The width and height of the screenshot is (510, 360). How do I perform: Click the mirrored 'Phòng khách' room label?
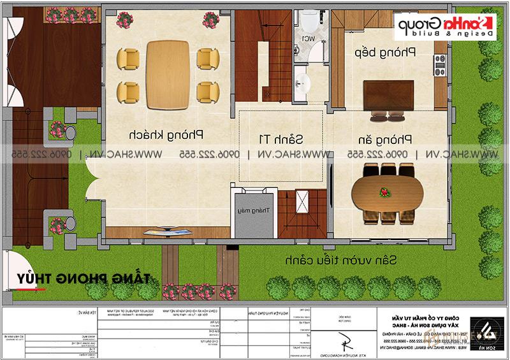(165, 135)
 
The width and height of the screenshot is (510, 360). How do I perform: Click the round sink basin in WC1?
(304, 81)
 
